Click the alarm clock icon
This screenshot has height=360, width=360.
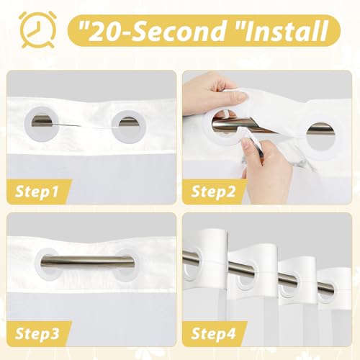coord(38,30)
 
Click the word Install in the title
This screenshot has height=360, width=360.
coord(286,31)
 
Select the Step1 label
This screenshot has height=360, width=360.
coord(37,192)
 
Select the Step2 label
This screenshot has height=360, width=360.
coord(213,192)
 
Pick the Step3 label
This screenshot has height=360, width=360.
coord(37,333)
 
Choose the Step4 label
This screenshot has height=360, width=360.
coord(213,333)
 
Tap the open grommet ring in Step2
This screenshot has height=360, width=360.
coord(209,139)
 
